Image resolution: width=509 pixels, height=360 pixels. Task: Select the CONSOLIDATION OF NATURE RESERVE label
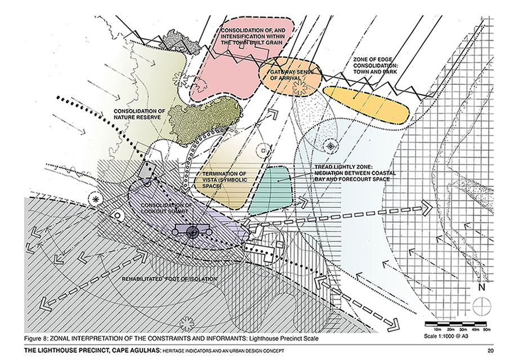(137, 113)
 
